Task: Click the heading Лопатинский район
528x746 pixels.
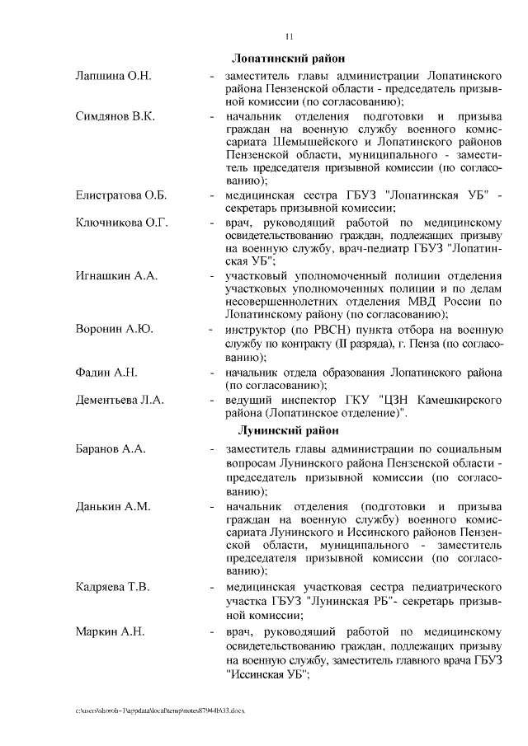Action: pos(288,59)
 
